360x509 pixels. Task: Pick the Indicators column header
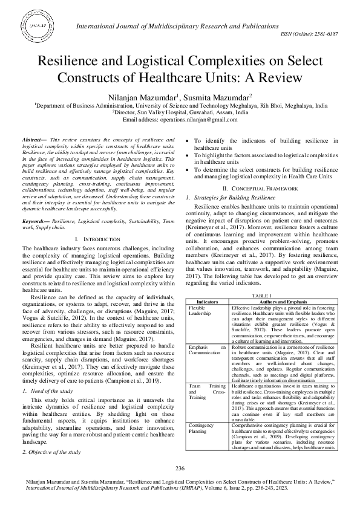coord(208,300)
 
